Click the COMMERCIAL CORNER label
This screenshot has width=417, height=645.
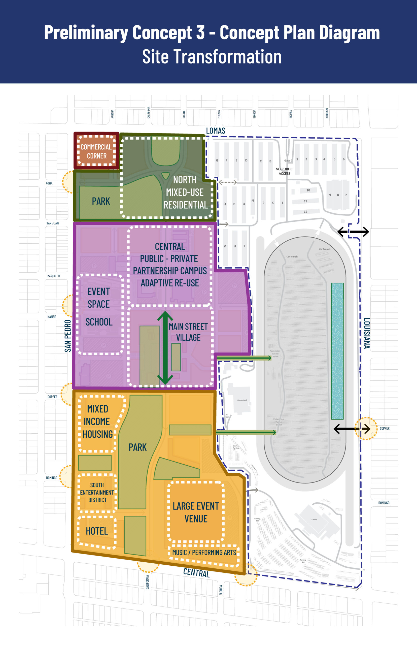tap(96, 151)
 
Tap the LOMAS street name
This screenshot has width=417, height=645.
tap(216, 131)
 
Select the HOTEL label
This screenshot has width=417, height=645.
tap(97, 531)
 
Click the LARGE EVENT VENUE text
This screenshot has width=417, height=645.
tap(196, 512)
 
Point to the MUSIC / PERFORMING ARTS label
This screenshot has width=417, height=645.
tap(204, 552)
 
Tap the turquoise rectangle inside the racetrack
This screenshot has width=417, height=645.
tap(337, 351)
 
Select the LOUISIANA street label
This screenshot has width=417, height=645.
tap(366, 333)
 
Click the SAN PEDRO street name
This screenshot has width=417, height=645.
tap(68, 336)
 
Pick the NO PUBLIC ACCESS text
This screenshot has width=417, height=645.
tap(284, 171)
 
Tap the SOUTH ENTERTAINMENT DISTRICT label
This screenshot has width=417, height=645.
tap(97, 493)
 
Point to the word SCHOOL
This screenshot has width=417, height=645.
tap(99, 322)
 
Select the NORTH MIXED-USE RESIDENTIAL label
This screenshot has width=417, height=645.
tap(185, 192)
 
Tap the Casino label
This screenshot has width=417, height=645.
tap(314, 520)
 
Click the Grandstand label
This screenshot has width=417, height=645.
tap(242, 400)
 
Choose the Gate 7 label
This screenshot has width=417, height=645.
tap(288, 161)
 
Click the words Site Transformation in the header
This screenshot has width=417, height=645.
tap(212, 57)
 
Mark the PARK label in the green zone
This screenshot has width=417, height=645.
tap(101, 201)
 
